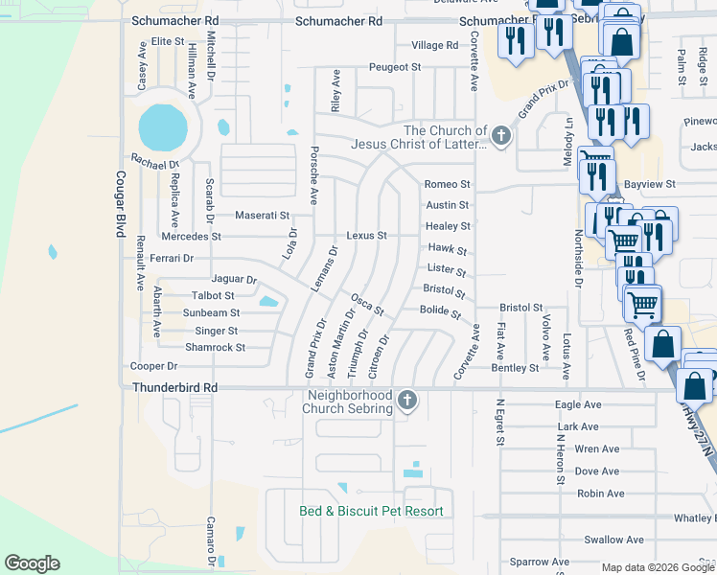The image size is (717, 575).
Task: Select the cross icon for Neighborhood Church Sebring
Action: pyautogui.click(x=407, y=401)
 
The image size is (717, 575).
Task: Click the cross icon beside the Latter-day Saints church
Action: pyautogui.click(x=500, y=136)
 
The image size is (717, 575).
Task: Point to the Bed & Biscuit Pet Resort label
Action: pyautogui.click(x=371, y=512)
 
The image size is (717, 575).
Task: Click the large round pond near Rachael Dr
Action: pyautogui.click(x=163, y=125)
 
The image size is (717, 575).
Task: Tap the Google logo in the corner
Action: pyautogui.click(x=32, y=563)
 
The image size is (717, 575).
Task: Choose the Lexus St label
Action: pyautogui.click(x=366, y=236)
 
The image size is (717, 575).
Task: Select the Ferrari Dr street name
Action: pyautogui.click(x=172, y=259)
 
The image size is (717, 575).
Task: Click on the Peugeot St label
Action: pyautogui.click(x=396, y=68)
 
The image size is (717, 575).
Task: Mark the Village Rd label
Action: pyautogui.click(x=434, y=45)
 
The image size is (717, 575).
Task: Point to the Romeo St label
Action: pyautogui.click(x=448, y=184)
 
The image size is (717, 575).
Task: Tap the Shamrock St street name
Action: pyautogui.click(x=215, y=347)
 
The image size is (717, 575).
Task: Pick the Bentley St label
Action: pyautogui.click(x=515, y=368)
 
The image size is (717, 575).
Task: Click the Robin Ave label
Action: pyautogui.click(x=601, y=494)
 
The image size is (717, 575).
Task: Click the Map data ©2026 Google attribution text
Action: pyautogui.click(x=656, y=567)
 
